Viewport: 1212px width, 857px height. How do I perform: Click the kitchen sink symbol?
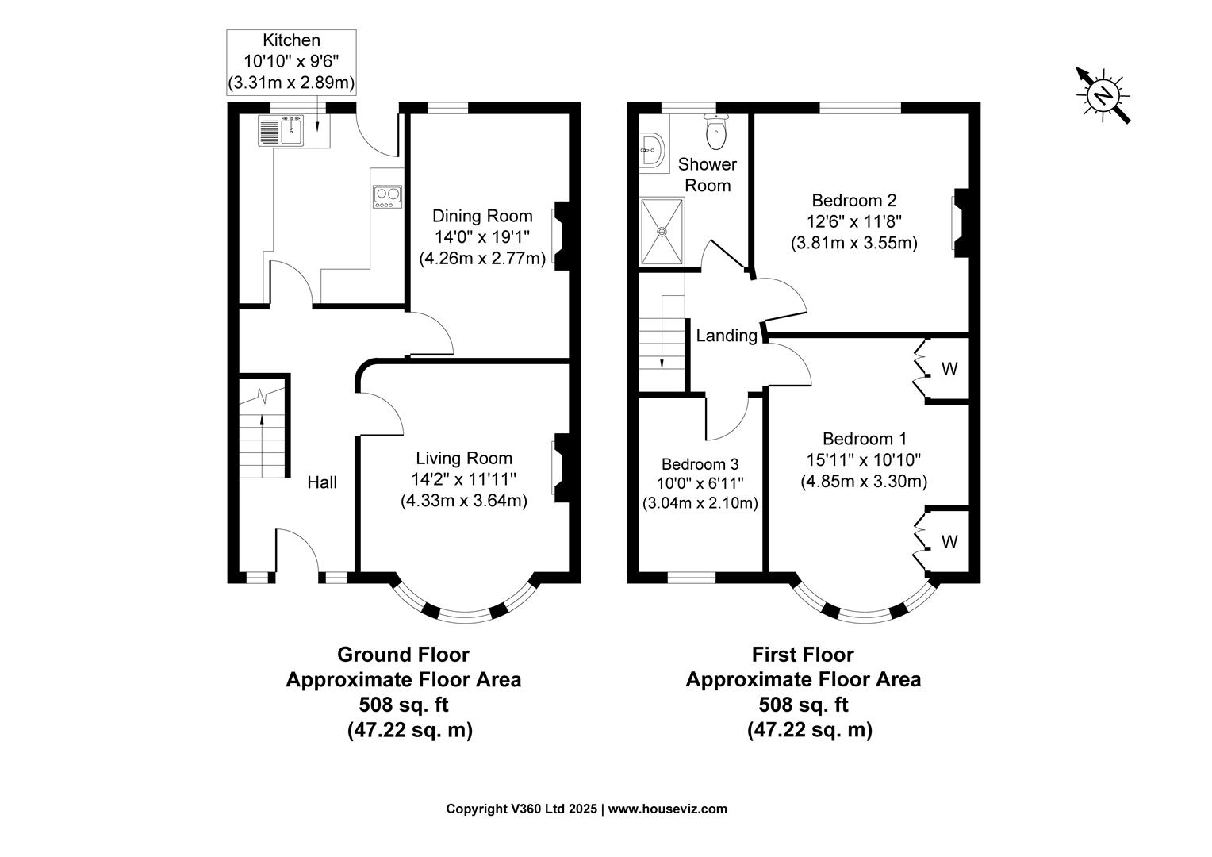coord(282,131)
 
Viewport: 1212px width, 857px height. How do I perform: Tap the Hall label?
coord(322,482)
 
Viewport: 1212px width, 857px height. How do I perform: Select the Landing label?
coord(726,336)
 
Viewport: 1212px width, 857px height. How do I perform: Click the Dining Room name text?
coord(481,216)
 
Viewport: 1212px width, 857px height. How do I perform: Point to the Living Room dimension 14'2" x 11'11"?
coord(463,479)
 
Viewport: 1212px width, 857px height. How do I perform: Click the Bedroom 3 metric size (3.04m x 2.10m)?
coord(700,503)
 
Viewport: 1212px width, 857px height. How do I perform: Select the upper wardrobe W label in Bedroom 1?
coord(949,369)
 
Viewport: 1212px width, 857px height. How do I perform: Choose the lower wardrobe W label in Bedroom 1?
coord(949,542)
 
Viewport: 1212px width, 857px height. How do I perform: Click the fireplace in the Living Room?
coord(559,467)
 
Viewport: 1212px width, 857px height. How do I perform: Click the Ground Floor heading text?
coord(403,655)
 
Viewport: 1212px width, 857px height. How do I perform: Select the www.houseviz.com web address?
coord(667,809)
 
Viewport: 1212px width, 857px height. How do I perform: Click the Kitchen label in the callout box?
coord(291,40)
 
